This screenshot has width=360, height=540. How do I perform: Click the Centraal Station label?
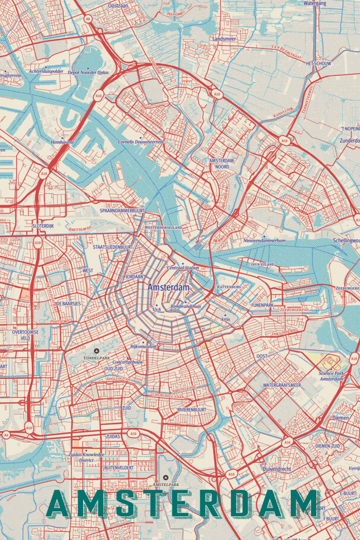tap(183, 268)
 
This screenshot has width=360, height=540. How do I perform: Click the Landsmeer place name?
tap(224, 39)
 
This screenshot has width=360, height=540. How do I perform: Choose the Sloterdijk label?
tap(43, 226)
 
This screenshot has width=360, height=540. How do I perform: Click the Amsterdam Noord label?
tap(221, 164)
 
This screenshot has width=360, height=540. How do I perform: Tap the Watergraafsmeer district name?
tap(282, 385)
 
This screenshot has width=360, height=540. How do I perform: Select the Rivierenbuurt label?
tap(192, 410)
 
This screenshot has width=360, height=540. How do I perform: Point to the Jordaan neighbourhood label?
tap(134, 276)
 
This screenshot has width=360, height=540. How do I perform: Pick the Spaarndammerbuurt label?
tap(124, 210)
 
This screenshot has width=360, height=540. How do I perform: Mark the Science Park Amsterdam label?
tap(331, 376)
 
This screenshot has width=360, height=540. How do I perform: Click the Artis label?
tap(226, 319)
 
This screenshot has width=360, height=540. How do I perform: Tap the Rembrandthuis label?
tap(186, 306)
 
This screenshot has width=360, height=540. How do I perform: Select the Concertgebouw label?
tap(128, 362)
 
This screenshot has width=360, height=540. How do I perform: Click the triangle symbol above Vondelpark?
tap(97, 351)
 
